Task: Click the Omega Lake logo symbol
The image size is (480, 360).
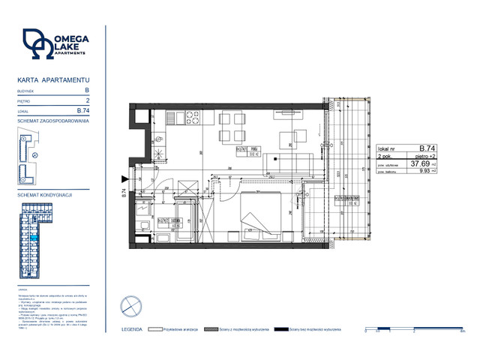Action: pyautogui.click(x=37, y=45)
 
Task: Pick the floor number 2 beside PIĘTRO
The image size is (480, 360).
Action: pyautogui.click(x=88, y=100)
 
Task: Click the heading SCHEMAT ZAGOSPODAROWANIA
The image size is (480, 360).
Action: pyautogui.click(x=53, y=120)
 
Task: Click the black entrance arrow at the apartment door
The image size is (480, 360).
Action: pyautogui.click(x=124, y=179)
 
